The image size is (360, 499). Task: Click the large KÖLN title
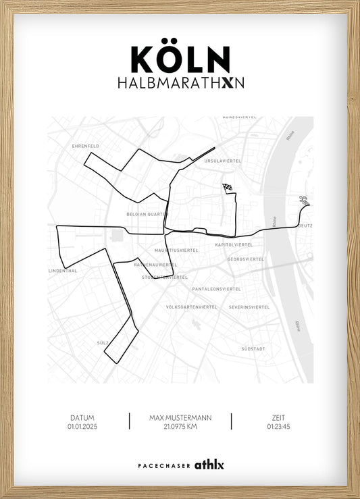pos(180,59)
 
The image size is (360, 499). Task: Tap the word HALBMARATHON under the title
pos(180,82)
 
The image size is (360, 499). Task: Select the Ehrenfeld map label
pos(86,145)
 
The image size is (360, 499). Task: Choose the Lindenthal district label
pos(63,271)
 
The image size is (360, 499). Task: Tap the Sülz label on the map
pos(103,343)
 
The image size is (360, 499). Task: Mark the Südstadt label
pos(254,349)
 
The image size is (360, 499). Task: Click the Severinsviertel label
pos(249,307)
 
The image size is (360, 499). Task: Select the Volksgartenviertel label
pos(192,307)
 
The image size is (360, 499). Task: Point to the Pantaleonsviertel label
pos(216,288)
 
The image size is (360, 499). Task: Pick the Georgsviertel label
pos(245,259)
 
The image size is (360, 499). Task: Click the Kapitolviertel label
pos(234,244)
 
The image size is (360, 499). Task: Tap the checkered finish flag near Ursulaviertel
pos(227,188)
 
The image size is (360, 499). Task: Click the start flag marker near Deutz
pos(304,200)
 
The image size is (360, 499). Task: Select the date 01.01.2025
pos(82,427)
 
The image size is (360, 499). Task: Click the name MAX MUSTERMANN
pos(180,418)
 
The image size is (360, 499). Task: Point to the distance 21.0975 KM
pos(180,427)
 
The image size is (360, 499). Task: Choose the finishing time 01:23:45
pos(278,427)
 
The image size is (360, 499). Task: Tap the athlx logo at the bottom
pos(209,465)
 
